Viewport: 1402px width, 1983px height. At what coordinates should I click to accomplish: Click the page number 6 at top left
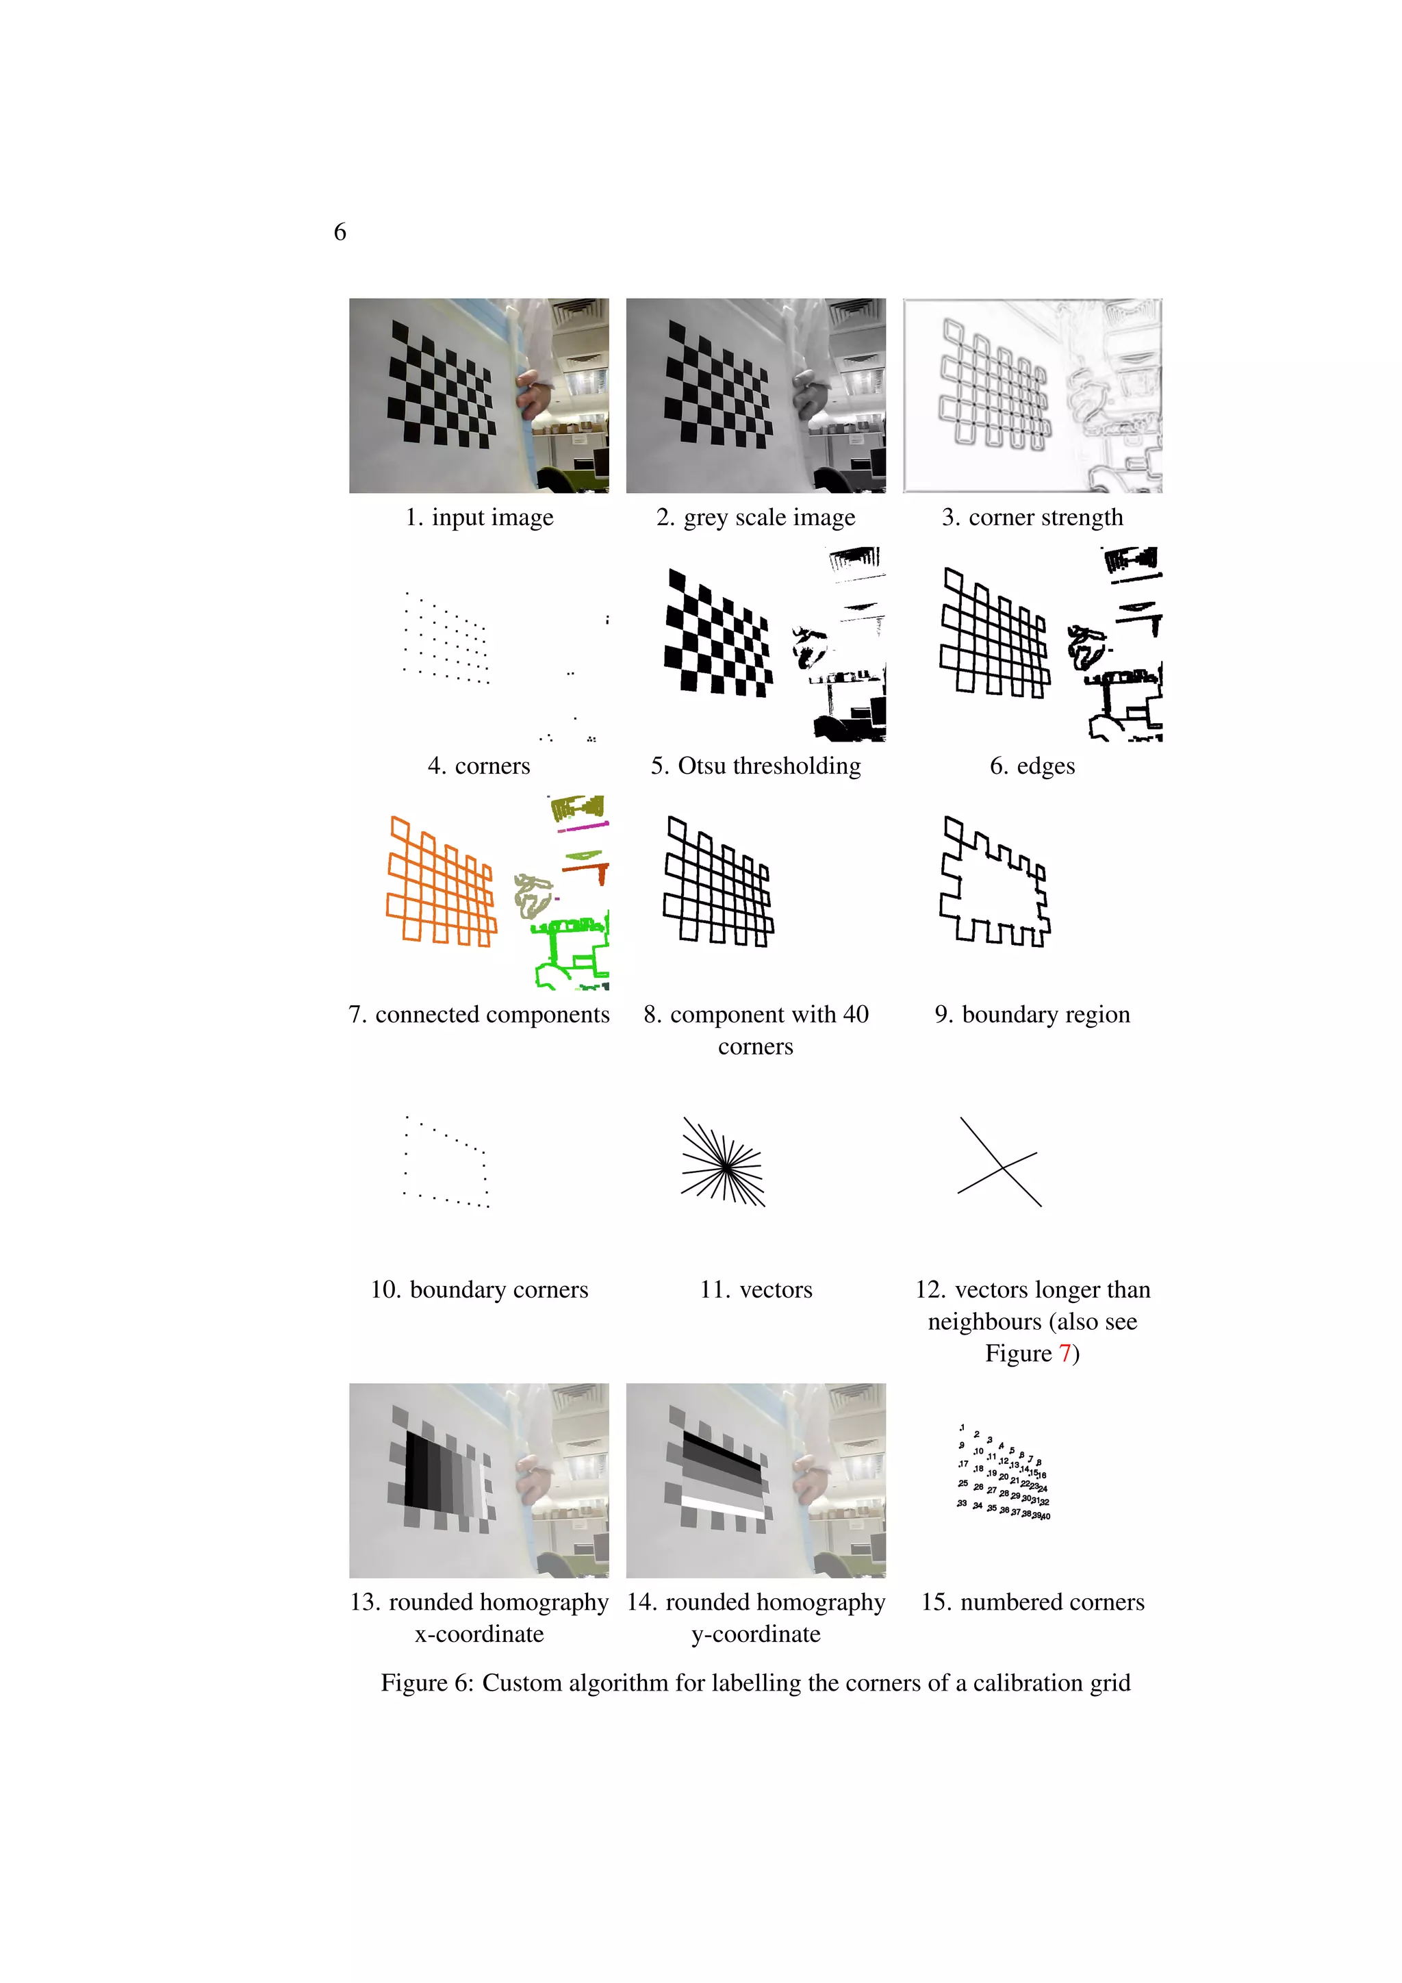340,231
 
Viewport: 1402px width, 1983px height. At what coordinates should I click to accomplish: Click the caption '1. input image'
479,518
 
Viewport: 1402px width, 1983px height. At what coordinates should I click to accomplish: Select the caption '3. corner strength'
1032,518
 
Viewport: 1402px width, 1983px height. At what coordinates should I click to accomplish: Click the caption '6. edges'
1032,766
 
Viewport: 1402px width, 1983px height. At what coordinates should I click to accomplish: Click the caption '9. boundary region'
1032,1015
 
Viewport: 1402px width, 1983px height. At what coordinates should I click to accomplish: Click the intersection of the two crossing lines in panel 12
1002,1167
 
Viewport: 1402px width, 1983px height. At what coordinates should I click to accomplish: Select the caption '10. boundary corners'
479,1290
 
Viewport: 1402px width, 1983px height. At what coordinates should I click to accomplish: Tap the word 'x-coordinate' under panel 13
479,1634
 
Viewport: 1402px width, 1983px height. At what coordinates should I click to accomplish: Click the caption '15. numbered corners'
1032,1602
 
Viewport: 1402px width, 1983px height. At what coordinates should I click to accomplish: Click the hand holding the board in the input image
535,397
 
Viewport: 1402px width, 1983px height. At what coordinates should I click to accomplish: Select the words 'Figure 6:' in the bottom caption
426,1683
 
